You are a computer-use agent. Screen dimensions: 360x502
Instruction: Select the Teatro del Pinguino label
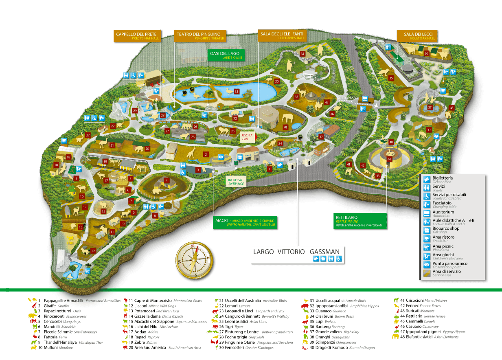(199, 36)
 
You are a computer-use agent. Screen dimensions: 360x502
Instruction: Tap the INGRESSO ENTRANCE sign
(236, 182)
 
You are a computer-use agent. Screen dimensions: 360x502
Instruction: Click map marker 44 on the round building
(389, 159)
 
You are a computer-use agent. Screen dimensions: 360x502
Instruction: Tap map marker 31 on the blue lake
(237, 92)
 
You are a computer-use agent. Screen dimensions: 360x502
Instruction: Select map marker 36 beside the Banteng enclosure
(426, 53)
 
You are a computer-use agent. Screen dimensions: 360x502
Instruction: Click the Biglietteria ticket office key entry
(442, 180)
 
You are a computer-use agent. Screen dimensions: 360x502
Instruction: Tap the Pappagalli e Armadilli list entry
(62, 301)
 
